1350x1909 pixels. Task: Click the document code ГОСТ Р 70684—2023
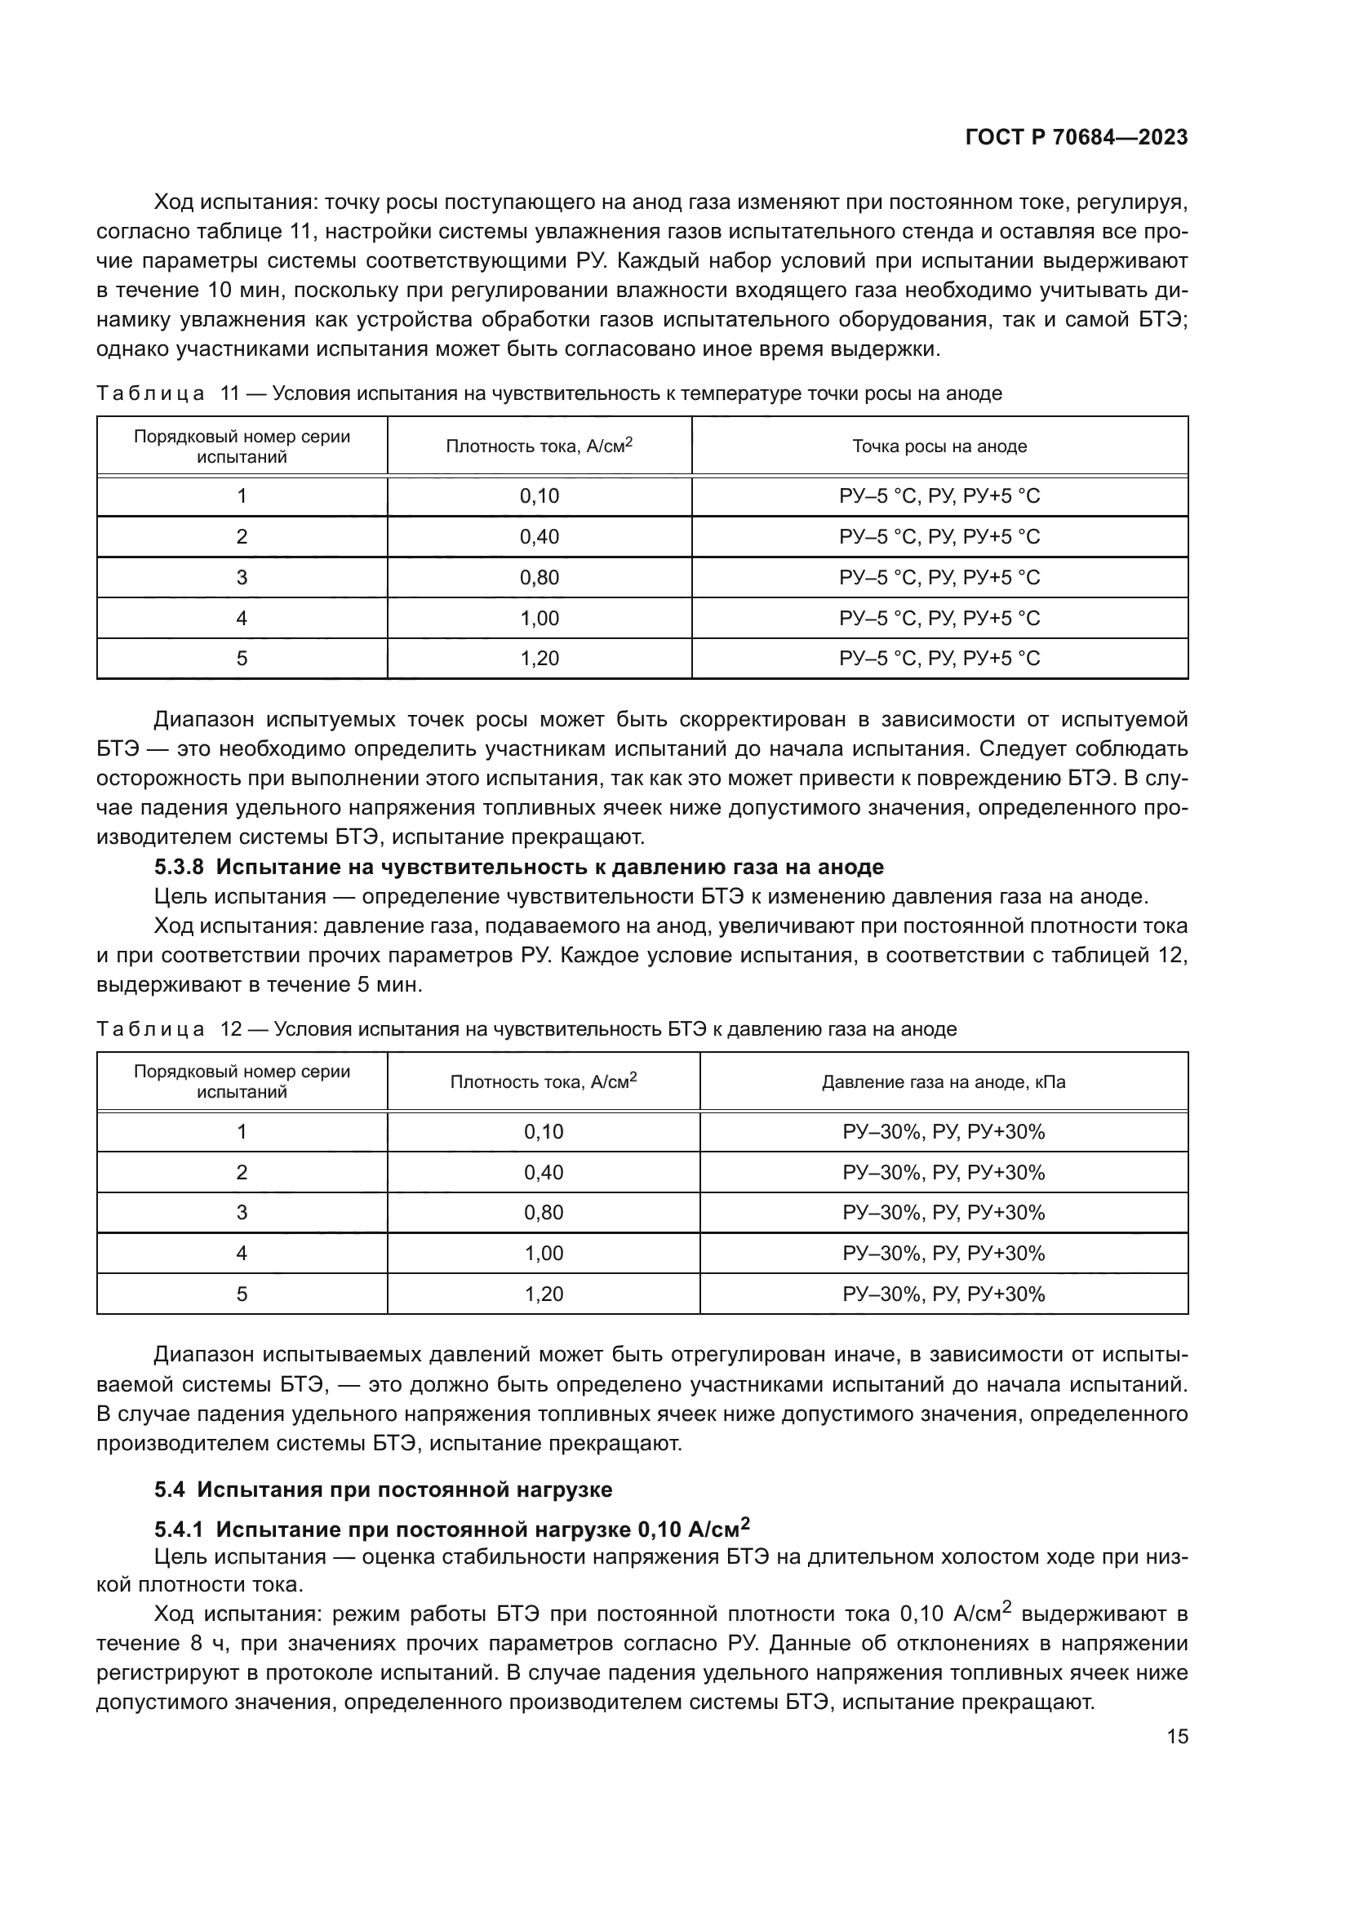tap(1077, 138)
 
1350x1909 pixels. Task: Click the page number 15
tap(1177, 1736)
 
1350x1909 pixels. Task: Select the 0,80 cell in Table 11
tap(540, 577)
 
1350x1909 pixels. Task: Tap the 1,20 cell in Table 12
tap(544, 1294)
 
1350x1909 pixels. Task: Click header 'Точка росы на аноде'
tap(939, 446)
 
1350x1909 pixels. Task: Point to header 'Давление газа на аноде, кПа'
tap(944, 1081)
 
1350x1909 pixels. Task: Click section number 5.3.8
tap(179, 868)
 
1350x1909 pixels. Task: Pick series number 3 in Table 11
tap(242, 577)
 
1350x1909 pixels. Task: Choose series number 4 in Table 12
tap(242, 1253)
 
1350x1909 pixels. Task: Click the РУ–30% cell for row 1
tap(944, 1131)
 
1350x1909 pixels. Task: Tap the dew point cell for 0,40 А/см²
tap(939, 536)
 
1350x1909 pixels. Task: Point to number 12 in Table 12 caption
tap(230, 1029)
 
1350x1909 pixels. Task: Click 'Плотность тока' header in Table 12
tap(544, 1081)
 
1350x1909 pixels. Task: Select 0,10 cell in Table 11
tap(540, 496)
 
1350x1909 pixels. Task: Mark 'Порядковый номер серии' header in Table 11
tap(242, 446)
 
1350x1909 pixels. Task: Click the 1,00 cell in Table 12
tap(544, 1253)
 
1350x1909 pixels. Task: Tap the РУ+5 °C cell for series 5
tap(939, 659)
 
